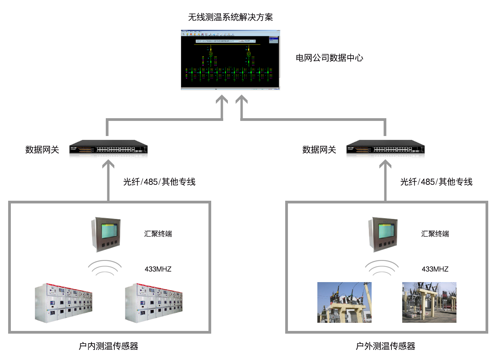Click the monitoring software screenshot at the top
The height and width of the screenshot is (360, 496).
[x=230, y=60]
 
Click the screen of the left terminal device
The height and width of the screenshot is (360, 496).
[x=108, y=231]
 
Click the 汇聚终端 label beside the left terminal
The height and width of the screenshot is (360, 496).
[x=158, y=234]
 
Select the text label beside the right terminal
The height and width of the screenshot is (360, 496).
[x=435, y=234]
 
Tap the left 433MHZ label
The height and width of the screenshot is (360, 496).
[x=158, y=269]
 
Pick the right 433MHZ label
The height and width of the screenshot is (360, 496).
[x=435, y=269]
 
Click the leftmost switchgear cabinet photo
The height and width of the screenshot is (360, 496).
[x=64, y=303]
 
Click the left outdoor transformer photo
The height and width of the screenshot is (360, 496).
[x=344, y=302]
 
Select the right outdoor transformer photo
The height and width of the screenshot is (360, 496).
[x=429, y=302]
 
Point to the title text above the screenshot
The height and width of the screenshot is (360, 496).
[x=230, y=17]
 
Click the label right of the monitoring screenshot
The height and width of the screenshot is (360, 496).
[x=329, y=58]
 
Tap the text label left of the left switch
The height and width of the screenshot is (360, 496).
[x=42, y=150]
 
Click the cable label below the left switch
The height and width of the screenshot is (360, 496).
[x=159, y=181]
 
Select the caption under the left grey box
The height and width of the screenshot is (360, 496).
[x=108, y=346]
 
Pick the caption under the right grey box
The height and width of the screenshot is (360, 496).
[x=386, y=346]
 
